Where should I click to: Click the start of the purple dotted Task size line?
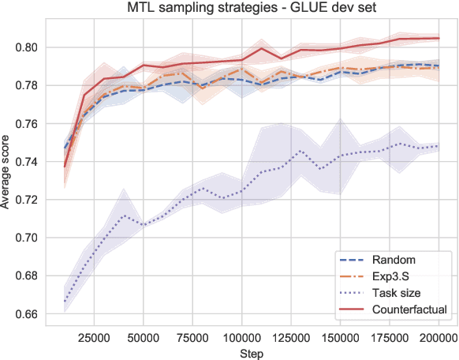65,302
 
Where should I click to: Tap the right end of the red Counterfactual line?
438,38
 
